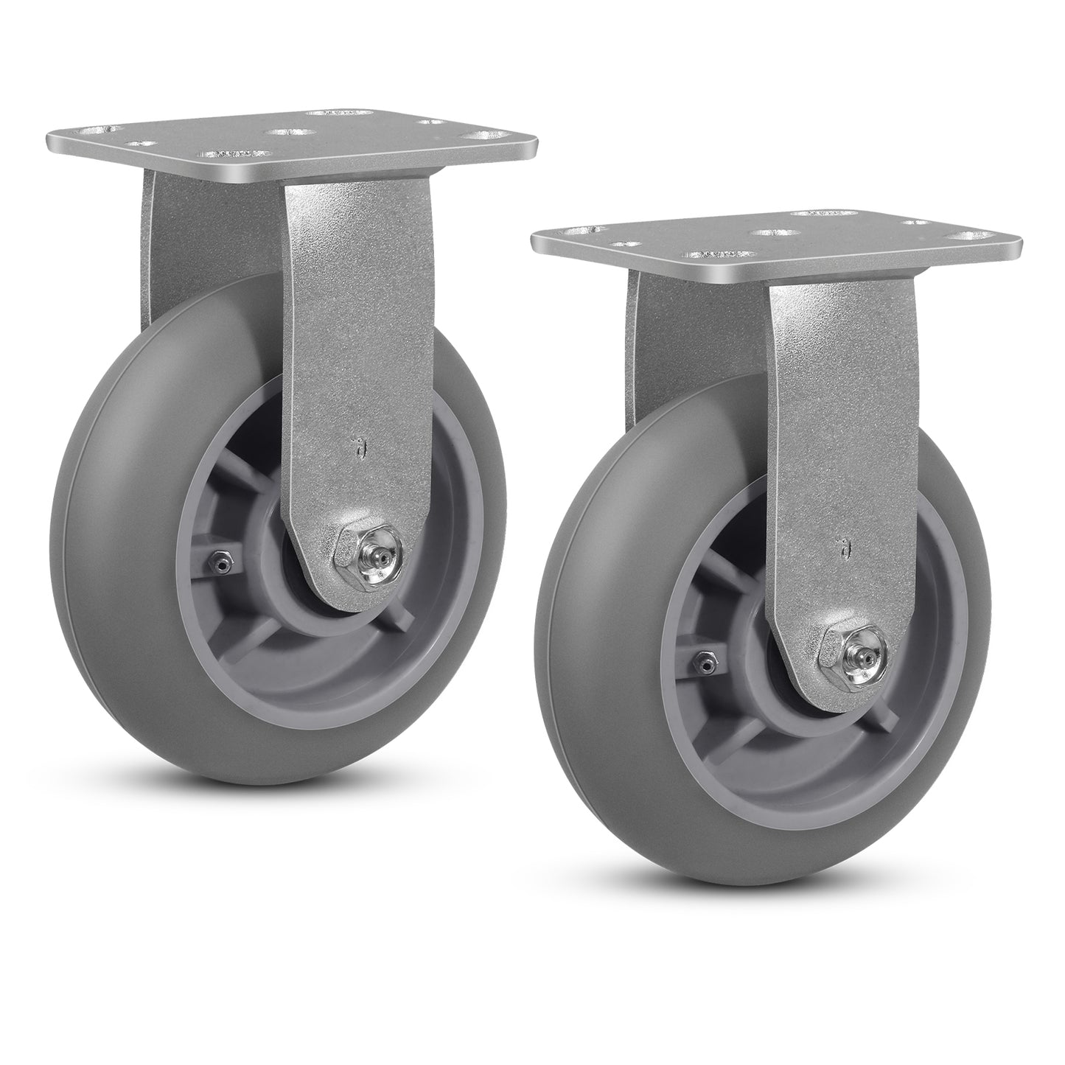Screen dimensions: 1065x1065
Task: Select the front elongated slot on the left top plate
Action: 226,154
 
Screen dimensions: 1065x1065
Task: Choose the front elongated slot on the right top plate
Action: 708,254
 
